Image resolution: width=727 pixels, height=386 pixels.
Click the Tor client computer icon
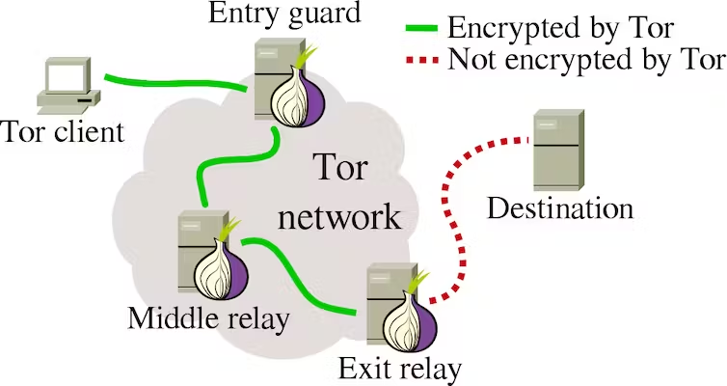click(x=68, y=85)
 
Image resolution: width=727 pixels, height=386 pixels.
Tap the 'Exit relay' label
click(x=400, y=368)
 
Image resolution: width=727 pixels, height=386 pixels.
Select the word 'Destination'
click(x=560, y=207)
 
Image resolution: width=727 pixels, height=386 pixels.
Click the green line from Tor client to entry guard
click(x=174, y=81)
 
